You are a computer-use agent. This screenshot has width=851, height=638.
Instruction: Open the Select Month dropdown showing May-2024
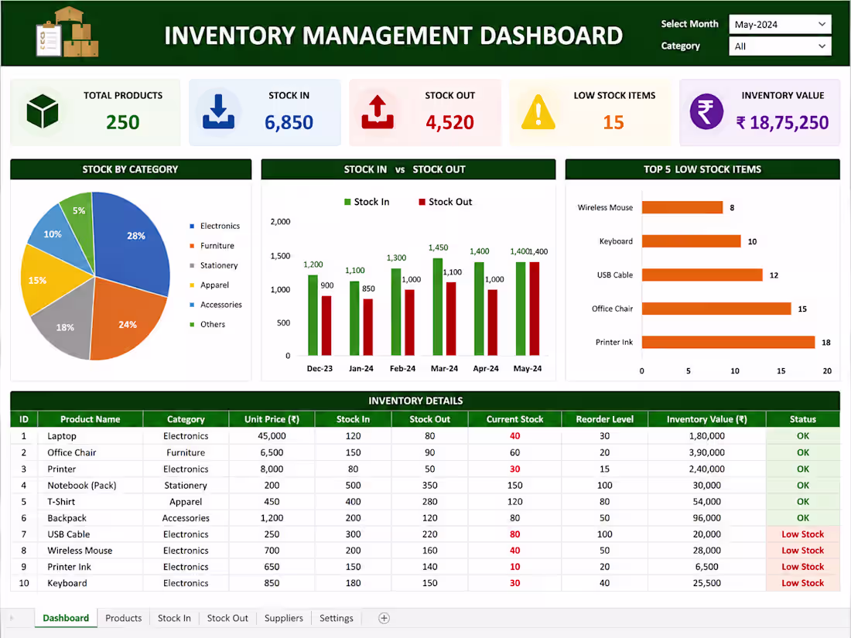click(780, 25)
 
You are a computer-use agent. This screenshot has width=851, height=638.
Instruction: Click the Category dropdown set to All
click(780, 46)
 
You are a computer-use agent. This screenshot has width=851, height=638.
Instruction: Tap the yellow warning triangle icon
click(538, 112)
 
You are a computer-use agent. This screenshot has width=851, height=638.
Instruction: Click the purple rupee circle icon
click(706, 112)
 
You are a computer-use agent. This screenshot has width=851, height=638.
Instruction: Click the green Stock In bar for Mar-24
click(437, 307)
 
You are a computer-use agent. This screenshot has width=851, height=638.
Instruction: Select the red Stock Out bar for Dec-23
click(326, 326)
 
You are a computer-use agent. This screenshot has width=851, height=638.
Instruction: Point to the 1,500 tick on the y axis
click(280, 255)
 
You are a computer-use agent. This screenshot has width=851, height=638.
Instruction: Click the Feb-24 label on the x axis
click(403, 368)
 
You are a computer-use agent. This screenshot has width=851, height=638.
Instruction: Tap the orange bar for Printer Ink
click(728, 343)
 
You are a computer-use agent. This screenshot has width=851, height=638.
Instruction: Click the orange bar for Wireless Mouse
click(682, 207)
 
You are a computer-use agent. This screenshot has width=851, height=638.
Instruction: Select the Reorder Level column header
click(605, 419)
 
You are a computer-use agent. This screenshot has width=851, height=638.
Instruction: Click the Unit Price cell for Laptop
click(272, 436)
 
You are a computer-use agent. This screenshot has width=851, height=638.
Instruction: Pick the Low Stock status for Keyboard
click(803, 583)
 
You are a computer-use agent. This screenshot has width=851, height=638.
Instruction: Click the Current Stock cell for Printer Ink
click(515, 567)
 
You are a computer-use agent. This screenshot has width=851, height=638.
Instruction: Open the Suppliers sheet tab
click(284, 618)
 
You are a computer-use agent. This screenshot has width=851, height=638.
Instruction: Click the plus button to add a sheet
click(384, 618)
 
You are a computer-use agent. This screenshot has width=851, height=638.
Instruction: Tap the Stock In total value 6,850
click(289, 123)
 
